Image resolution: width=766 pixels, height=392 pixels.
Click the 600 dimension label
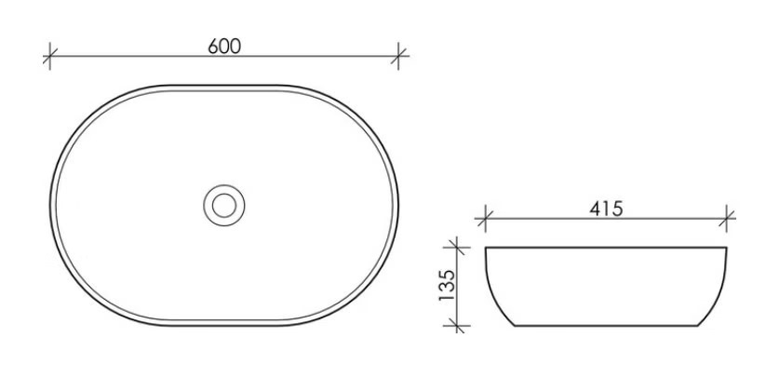click(224, 46)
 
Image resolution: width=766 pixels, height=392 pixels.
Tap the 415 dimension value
click(606, 209)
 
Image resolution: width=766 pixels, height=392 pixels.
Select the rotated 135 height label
click(446, 287)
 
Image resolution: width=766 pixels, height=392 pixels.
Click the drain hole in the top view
click(223, 204)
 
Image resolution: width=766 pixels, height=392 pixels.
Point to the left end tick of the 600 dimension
click(49, 56)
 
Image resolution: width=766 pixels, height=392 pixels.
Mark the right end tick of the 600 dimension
click(398, 56)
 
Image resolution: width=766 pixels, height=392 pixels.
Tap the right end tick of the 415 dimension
click(727, 220)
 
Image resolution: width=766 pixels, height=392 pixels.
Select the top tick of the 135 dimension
click(456, 247)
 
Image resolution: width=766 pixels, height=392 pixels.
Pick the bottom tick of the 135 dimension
click(456, 326)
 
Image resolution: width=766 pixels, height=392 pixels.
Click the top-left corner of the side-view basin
click(486, 248)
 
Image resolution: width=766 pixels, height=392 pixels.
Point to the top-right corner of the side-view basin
click(726, 248)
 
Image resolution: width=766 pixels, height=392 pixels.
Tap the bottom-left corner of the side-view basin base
click(516, 326)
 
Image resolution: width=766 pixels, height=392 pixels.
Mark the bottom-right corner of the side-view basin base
click(697, 326)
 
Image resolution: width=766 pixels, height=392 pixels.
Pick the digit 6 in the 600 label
click(214, 46)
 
